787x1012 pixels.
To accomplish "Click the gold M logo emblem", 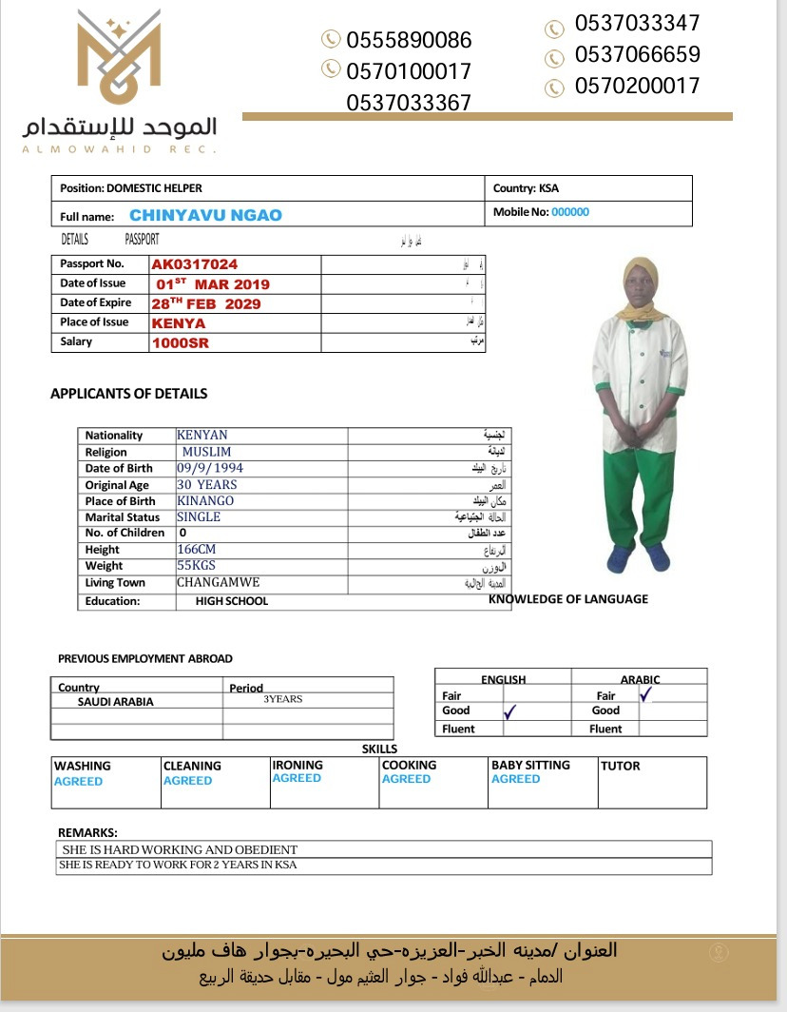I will pos(119,59).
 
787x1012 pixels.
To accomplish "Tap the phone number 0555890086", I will pos(409,40).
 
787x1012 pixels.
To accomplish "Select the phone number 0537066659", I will pos(637,54).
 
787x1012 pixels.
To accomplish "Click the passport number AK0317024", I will pos(195,264).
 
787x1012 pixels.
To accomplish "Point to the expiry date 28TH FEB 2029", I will pos(206,304).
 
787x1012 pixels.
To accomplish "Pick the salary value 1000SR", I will pos(181,343).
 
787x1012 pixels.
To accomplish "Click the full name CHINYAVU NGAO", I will pos(205,215).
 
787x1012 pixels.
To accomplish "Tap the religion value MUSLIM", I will pos(205,452).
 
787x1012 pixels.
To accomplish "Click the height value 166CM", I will pos(197,550).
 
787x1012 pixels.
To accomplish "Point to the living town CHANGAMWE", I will pos(219,582).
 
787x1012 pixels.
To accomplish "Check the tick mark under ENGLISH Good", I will pos(509,711).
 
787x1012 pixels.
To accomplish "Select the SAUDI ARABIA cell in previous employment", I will pos(115,702).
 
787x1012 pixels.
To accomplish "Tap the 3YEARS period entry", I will pos(282,699).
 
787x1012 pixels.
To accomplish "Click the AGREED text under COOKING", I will pos(406,779).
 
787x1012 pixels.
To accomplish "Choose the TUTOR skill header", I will pos(620,766).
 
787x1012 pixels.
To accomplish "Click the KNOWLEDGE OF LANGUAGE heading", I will pos(568,599).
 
